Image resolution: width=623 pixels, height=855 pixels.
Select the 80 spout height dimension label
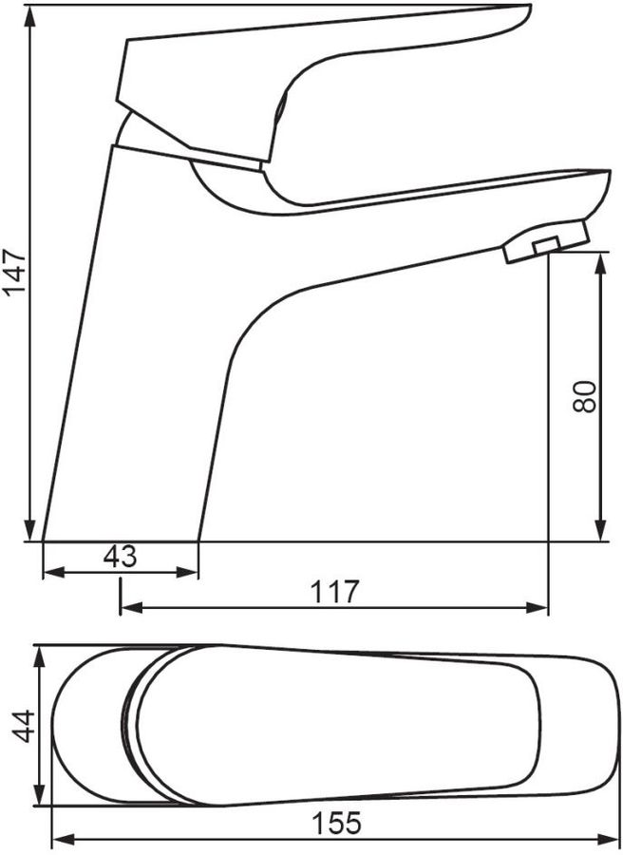(585, 396)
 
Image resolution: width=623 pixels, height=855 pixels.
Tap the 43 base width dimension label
(121, 557)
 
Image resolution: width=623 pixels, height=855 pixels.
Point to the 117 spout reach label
(335, 592)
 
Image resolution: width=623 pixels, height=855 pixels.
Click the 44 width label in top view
(24, 726)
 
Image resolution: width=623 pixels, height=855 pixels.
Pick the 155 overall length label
(336, 824)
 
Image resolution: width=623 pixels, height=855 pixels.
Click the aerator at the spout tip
(546, 241)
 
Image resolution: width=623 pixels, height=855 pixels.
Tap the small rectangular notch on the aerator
(547, 245)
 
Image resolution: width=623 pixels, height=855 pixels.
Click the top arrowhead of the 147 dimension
(30, 16)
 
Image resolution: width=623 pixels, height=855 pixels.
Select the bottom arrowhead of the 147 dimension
(30, 530)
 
